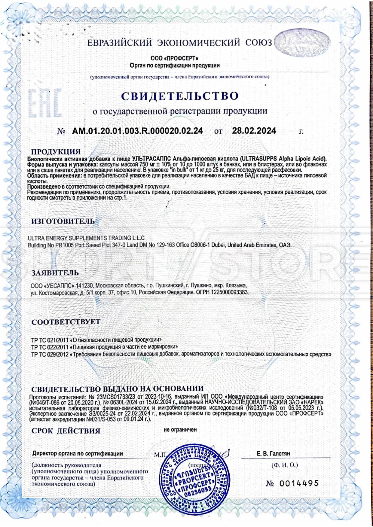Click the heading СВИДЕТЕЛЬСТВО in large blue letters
180,96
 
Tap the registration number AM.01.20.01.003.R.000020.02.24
137,131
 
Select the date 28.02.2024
254,131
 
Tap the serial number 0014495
299,483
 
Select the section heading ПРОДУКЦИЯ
56,152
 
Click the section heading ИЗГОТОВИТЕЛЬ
63,221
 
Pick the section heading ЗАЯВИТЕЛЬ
55,273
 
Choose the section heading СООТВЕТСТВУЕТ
66,322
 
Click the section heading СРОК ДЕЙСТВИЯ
66,431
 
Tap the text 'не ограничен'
180,430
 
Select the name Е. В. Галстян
273,454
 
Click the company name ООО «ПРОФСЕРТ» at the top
174,58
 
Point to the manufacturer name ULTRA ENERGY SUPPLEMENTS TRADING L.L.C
86,238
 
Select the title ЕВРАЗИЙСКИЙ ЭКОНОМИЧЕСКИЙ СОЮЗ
179,43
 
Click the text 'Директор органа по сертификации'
78,454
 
